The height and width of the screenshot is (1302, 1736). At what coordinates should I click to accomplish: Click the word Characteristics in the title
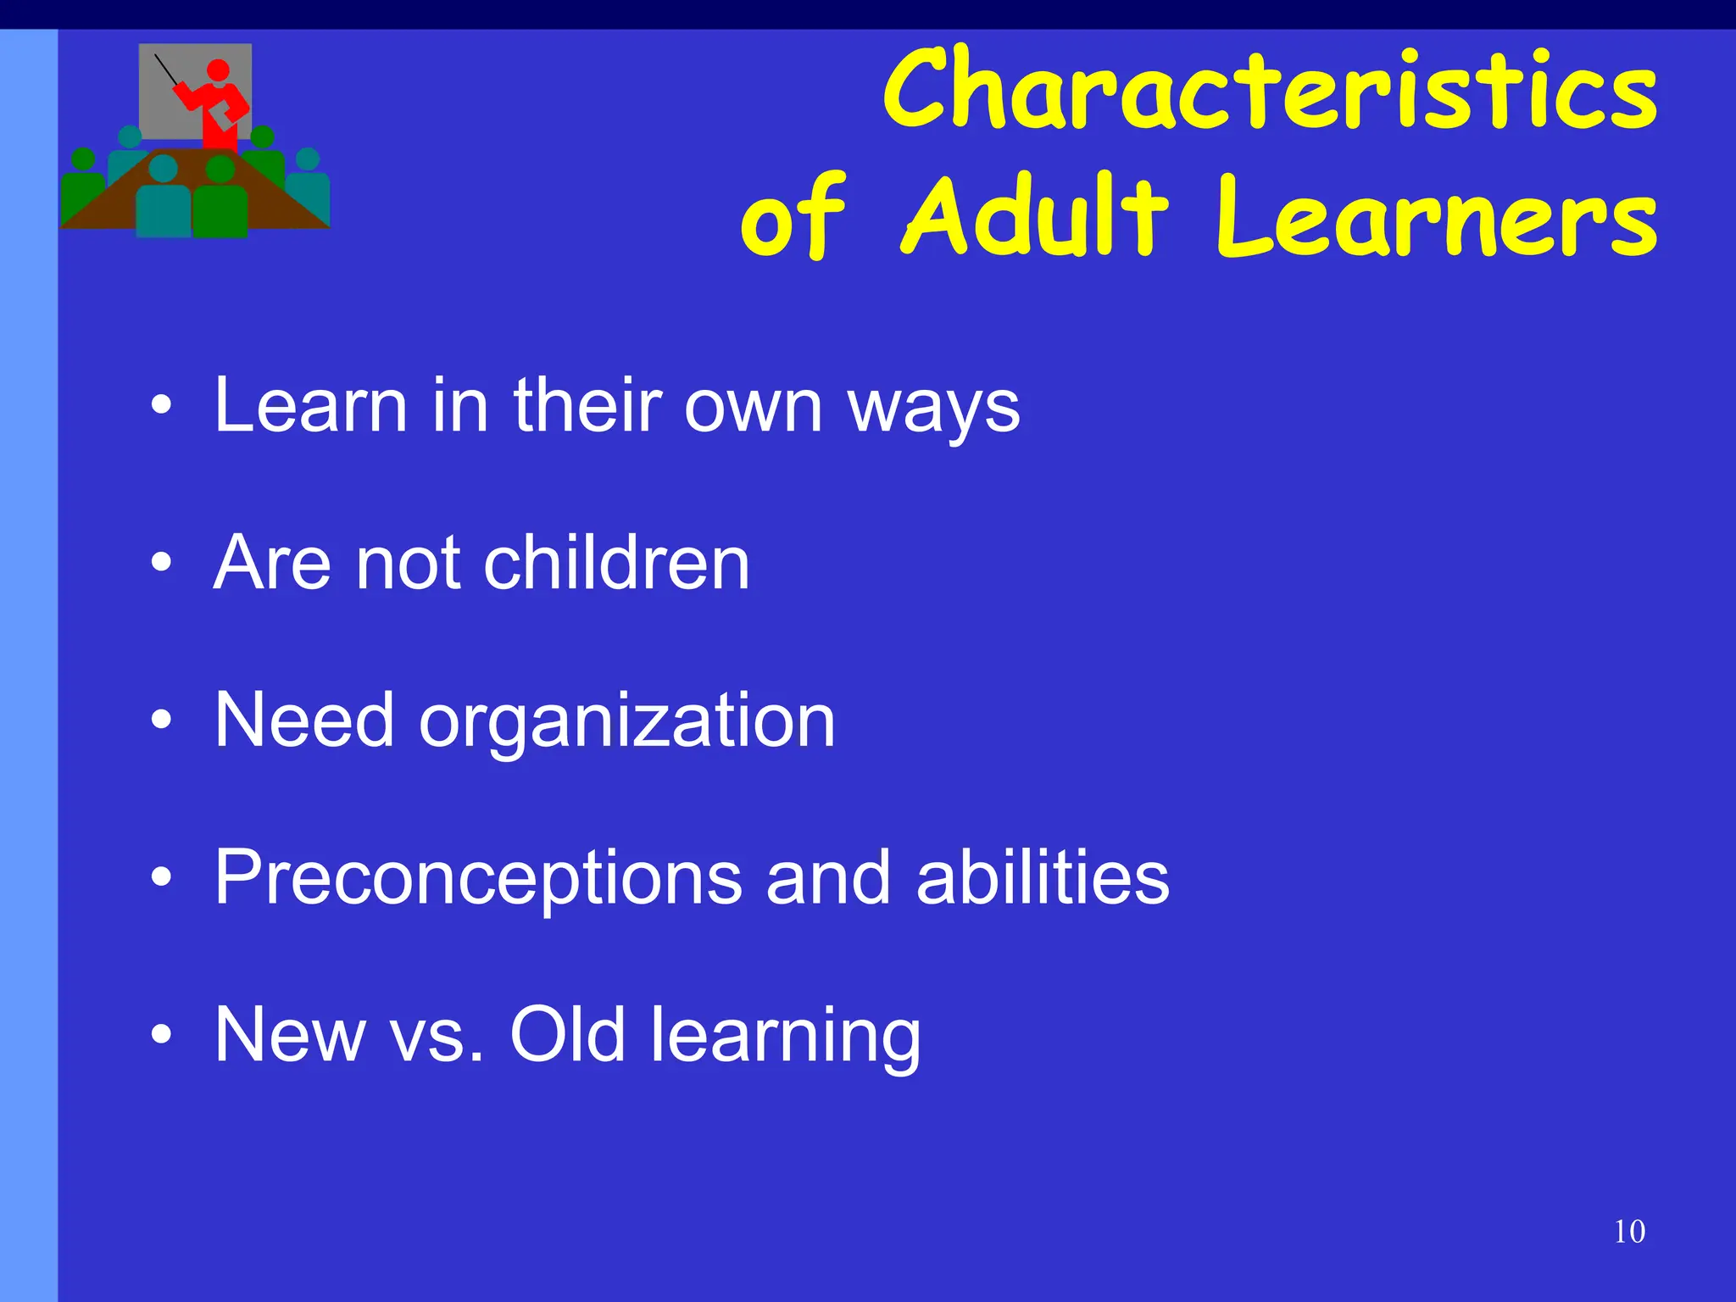(x=1270, y=90)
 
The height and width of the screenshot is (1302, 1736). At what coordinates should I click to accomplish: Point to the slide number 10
(x=1629, y=1232)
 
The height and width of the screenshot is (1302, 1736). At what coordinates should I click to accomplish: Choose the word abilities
(x=1043, y=878)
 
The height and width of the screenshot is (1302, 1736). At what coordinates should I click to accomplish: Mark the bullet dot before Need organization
(x=161, y=721)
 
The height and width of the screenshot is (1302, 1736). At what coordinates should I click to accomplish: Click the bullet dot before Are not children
(x=161, y=563)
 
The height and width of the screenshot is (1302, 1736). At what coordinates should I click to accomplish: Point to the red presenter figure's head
(x=218, y=70)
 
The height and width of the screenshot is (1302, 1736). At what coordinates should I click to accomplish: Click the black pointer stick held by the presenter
(x=167, y=70)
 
